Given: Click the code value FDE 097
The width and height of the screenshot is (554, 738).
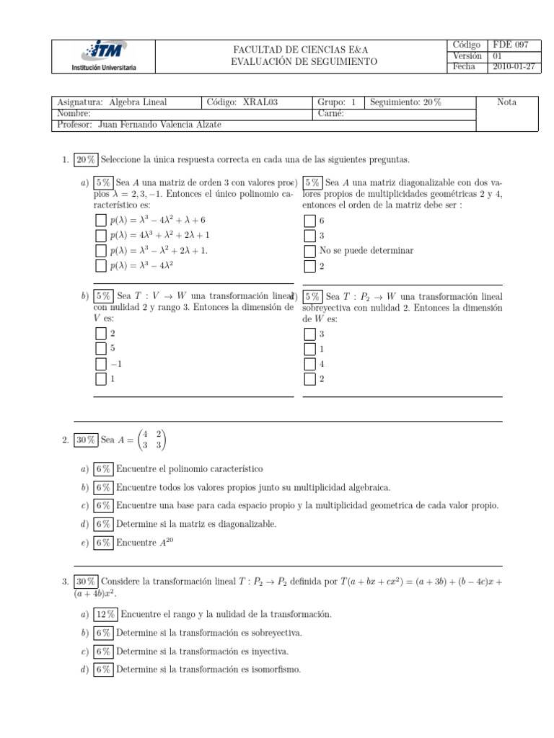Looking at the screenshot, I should (510, 45).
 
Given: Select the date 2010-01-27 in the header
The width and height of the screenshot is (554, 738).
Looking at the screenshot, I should (514, 67).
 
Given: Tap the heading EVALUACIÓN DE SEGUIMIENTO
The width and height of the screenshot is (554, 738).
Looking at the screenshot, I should (304, 62).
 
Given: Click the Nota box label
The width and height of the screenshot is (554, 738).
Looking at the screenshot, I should (507, 102).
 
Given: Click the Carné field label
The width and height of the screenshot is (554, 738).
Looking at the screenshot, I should (330, 113).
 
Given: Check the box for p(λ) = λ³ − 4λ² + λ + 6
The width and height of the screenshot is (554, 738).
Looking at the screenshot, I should (100, 220).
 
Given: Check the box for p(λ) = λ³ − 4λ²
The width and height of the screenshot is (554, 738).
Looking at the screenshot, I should (100, 266).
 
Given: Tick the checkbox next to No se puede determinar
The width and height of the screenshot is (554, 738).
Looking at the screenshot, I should (309, 251).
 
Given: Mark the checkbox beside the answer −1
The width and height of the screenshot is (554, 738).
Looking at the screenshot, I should (100, 363).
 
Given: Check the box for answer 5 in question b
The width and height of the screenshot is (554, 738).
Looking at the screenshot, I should (100, 348).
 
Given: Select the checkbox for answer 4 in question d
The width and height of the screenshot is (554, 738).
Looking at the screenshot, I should (309, 363).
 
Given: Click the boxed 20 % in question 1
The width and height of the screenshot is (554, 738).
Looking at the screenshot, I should (86, 159).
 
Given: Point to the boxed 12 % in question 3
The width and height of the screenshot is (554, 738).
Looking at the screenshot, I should (106, 614).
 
